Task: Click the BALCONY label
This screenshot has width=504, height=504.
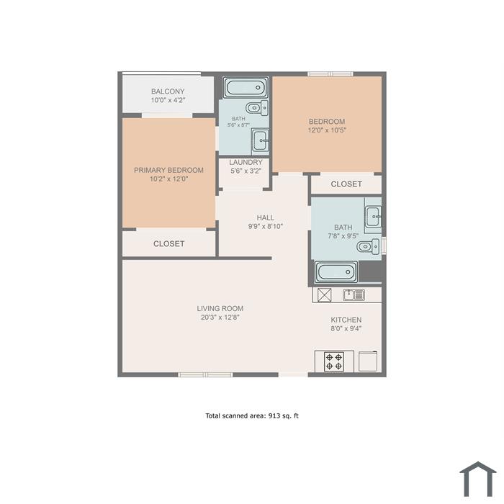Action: (168, 91)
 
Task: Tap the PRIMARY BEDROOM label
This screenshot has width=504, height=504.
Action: (168, 170)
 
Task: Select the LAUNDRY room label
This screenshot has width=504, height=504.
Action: (246, 162)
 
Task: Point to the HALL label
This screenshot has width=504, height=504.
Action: (266, 217)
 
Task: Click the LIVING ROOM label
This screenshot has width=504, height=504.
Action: (220, 309)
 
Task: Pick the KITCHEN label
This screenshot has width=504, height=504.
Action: (346, 320)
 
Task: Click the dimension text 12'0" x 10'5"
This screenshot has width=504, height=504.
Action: (327, 130)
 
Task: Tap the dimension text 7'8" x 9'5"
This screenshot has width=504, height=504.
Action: (343, 236)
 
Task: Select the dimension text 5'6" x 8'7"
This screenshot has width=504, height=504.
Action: (238, 125)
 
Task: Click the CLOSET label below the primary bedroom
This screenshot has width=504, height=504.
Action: (168, 244)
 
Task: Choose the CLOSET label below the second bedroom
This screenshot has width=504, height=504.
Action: (346, 184)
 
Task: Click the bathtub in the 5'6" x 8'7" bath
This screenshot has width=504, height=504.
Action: (246, 87)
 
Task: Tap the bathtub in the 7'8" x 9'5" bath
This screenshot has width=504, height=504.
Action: (336, 272)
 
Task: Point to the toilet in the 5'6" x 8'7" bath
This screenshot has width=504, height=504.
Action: (257, 108)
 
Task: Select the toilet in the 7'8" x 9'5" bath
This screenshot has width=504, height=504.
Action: (369, 246)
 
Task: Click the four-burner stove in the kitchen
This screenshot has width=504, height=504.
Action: (334, 361)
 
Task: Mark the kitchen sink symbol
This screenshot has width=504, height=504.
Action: (354, 294)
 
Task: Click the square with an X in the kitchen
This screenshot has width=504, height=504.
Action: (324, 294)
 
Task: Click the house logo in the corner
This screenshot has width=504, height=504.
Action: (478, 479)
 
